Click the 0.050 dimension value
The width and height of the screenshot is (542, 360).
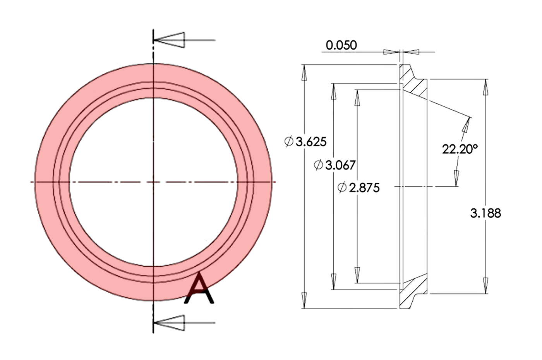coord(341,45)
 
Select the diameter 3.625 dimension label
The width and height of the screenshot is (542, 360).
coord(305,142)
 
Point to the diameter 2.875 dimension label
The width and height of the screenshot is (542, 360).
coord(358,188)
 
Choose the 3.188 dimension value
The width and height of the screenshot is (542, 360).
coord(485,213)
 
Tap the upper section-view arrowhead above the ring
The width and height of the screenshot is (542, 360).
coord(170,40)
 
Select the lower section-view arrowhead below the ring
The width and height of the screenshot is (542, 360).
coord(170,323)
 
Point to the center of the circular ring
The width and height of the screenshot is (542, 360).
coord(154,182)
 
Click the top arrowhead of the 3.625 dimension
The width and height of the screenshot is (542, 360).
coord(305,72)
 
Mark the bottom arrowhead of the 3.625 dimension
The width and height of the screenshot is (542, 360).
coord(305,300)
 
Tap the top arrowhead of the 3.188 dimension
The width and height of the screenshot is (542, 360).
coord(485,87)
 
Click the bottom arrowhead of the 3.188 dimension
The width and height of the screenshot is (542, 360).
coord(485,285)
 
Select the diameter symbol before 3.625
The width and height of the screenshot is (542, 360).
coord(288,142)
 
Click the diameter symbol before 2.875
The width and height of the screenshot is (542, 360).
coord(342,188)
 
